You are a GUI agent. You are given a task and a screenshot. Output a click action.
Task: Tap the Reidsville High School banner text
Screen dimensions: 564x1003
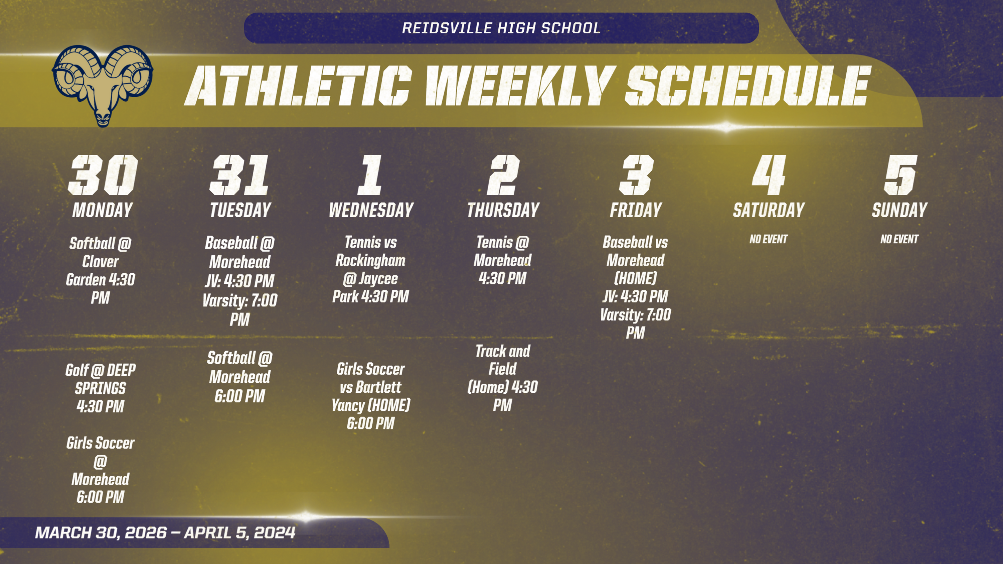click(501, 28)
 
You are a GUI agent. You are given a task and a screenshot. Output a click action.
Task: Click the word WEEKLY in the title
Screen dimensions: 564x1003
click(520, 85)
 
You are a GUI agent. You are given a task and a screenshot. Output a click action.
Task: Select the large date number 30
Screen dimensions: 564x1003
click(103, 175)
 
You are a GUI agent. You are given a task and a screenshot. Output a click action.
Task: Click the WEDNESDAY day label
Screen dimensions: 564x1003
click(371, 210)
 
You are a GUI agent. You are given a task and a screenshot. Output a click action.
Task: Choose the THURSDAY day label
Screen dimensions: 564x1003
click(503, 210)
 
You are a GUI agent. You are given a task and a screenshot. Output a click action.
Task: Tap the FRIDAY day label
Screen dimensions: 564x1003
click(636, 210)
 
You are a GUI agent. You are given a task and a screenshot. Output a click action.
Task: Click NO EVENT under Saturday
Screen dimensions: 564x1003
click(768, 239)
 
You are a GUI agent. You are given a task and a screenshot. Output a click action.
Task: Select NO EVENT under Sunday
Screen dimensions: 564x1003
click(900, 239)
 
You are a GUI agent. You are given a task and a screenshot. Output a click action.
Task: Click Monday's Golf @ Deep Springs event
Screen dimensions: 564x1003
click(100, 388)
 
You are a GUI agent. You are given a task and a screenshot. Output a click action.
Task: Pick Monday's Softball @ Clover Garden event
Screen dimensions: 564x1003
click(100, 271)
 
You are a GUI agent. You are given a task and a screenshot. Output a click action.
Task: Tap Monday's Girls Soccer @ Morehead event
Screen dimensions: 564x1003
click(100, 470)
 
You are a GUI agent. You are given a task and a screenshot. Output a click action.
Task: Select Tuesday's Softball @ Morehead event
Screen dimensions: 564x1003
click(240, 377)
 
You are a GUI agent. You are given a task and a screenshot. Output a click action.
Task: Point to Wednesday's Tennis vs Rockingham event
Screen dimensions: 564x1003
click(371, 269)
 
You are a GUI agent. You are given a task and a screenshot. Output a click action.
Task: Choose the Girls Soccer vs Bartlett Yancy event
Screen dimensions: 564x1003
click(371, 396)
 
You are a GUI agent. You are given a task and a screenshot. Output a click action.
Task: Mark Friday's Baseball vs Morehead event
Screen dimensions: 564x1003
click(636, 287)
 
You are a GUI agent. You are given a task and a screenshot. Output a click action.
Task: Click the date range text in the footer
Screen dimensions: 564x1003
click(165, 532)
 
